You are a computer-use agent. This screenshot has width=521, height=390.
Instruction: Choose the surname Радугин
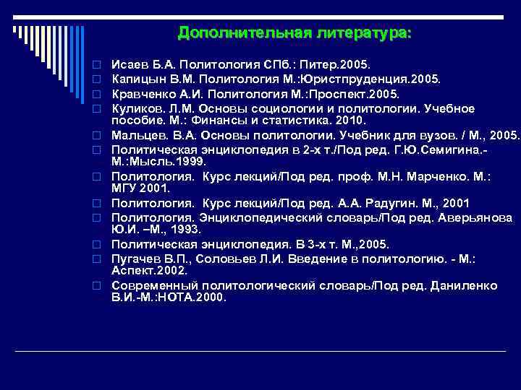(397, 203)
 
